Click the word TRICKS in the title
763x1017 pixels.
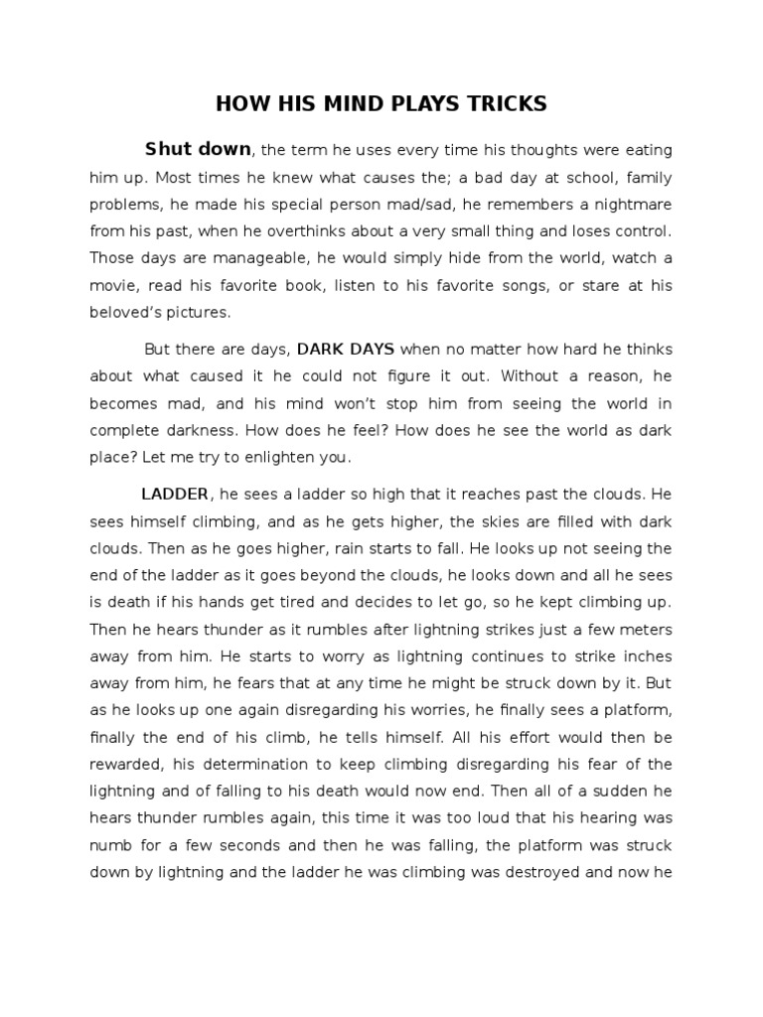(504, 104)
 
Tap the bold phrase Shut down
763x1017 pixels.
(198, 150)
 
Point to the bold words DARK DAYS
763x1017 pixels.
(346, 350)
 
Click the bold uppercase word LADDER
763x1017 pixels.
(175, 494)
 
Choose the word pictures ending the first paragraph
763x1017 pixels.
(199, 313)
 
